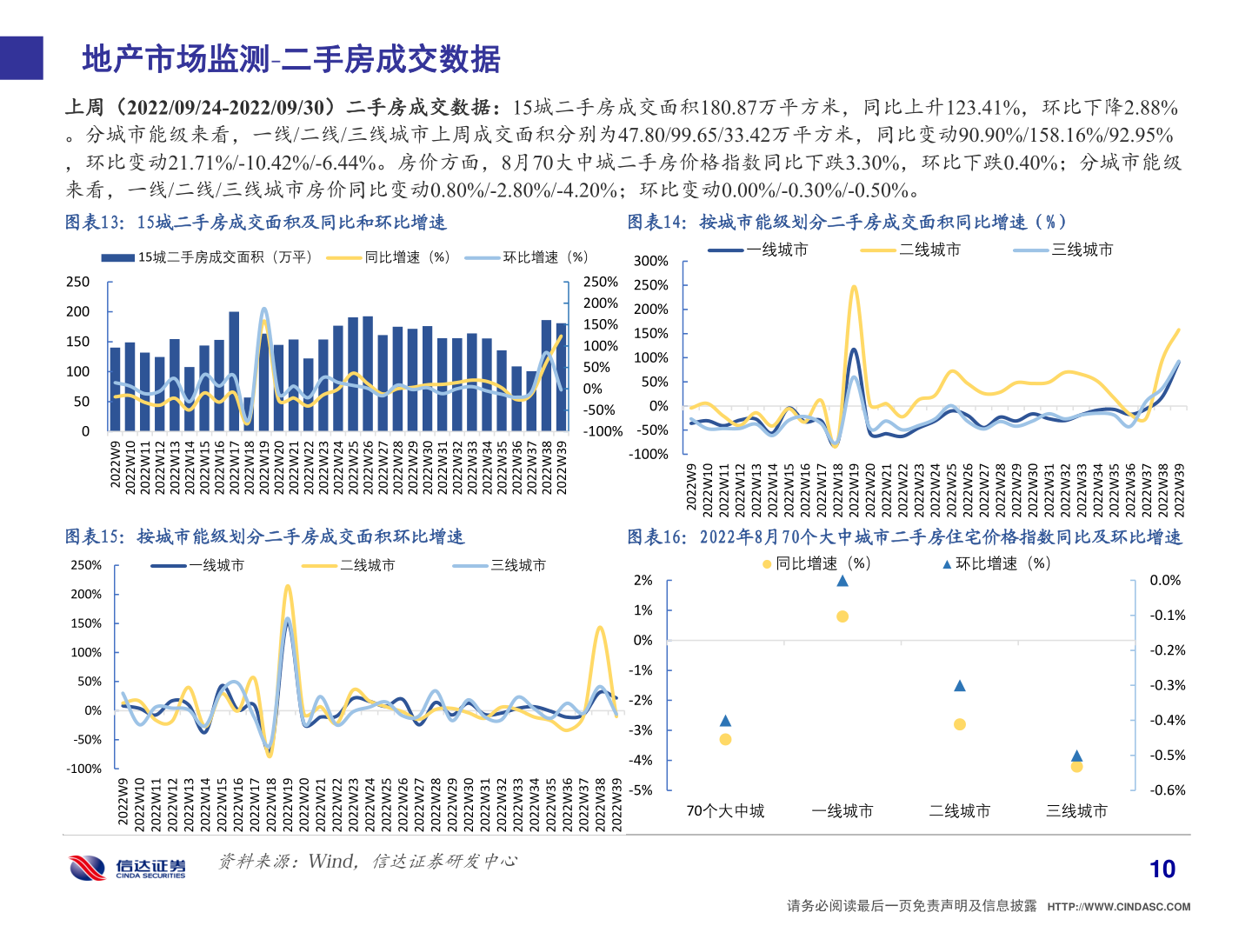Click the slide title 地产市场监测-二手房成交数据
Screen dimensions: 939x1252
pos(291,59)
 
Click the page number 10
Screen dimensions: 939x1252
pos(1162,869)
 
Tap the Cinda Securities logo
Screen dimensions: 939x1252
pos(128,867)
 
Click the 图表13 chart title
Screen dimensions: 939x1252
pos(256,223)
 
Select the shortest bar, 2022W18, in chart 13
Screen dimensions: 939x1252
pos(248,414)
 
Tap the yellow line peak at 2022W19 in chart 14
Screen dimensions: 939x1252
pos(854,286)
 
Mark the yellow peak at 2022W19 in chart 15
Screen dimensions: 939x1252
pos(288,587)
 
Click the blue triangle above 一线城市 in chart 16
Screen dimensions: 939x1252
pos(842,581)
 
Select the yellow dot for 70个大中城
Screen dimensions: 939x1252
pos(725,739)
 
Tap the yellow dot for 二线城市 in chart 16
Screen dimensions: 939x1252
pos(960,724)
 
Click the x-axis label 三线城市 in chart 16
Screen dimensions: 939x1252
pos(1076,811)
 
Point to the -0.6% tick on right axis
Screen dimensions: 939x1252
pos(1167,790)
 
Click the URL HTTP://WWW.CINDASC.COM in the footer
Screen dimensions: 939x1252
pos(1118,907)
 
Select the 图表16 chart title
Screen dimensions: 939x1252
pos(904,537)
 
